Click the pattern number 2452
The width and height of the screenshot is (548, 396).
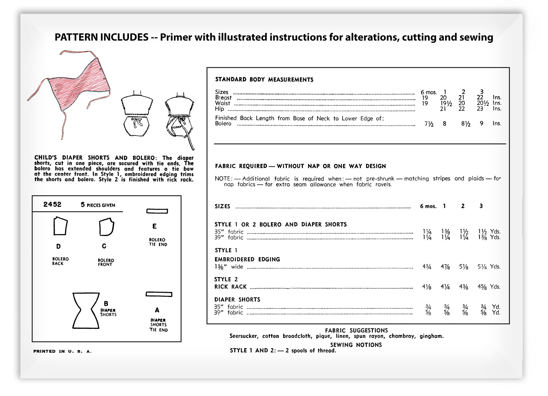[x=52, y=204]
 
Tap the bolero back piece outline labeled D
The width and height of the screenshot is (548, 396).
[x=60, y=226]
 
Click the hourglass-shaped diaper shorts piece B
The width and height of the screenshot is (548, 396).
[x=86, y=310]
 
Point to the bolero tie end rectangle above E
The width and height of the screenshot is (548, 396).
[x=157, y=211]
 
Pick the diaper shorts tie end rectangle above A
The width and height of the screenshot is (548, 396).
[x=159, y=294]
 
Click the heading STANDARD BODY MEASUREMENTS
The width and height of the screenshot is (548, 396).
[x=264, y=80]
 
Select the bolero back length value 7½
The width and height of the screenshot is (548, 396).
[x=429, y=124]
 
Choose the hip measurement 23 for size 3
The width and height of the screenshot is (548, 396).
[x=480, y=109]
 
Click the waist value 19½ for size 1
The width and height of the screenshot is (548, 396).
[x=446, y=103]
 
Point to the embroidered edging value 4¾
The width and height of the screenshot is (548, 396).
[x=427, y=267]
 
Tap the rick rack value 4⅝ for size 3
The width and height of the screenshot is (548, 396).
[x=482, y=287]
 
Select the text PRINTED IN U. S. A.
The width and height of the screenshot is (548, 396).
[x=62, y=351]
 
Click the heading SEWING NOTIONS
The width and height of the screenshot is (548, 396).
[x=356, y=345]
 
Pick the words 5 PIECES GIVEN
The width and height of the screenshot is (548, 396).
[x=98, y=205]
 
